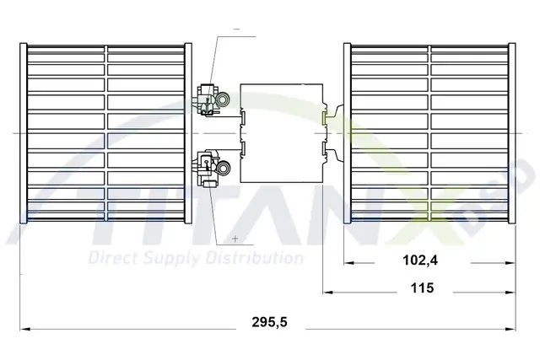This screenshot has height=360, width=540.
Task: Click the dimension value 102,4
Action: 420,261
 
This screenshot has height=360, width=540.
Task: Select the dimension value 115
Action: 422,287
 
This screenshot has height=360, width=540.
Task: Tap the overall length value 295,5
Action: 269,322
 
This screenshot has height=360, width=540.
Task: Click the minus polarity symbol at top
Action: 236,30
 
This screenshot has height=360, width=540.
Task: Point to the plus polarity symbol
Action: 235,238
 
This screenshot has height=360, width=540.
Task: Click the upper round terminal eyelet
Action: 223,99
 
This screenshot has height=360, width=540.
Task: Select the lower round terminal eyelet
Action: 224,168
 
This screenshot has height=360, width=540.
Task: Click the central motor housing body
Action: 282,133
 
